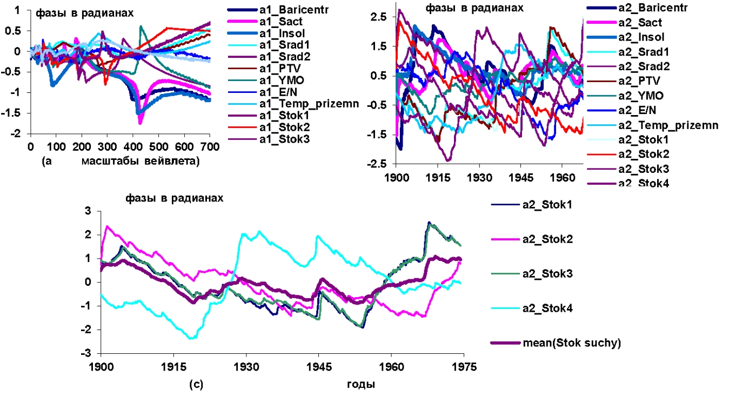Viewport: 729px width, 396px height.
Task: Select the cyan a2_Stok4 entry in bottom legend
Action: [543, 308]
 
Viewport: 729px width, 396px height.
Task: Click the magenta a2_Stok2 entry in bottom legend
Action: [543, 239]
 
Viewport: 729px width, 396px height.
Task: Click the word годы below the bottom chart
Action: [360, 385]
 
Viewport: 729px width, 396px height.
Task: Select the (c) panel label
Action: [196, 385]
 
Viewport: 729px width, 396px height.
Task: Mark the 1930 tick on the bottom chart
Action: [246, 368]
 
